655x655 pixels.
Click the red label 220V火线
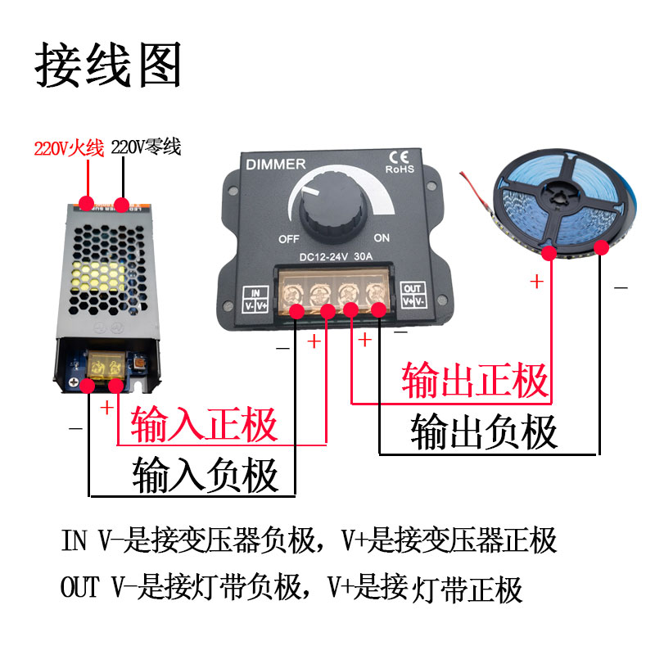tap(69, 148)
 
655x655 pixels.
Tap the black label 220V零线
tap(146, 148)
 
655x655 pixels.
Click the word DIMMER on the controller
tap(276, 165)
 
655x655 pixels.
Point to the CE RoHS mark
tap(400, 163)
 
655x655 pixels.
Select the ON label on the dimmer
tap(382, 238)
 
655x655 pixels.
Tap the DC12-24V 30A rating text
tap(337, 256)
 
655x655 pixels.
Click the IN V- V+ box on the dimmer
tap(256, 297)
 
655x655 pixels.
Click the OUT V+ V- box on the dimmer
tap(413, 296)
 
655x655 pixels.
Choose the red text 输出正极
tap(474, 380)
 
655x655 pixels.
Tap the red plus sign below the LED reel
tap(536, 282)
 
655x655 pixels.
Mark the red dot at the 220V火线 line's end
tap(86, 201)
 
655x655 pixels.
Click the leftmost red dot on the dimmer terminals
tap(296, 310)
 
